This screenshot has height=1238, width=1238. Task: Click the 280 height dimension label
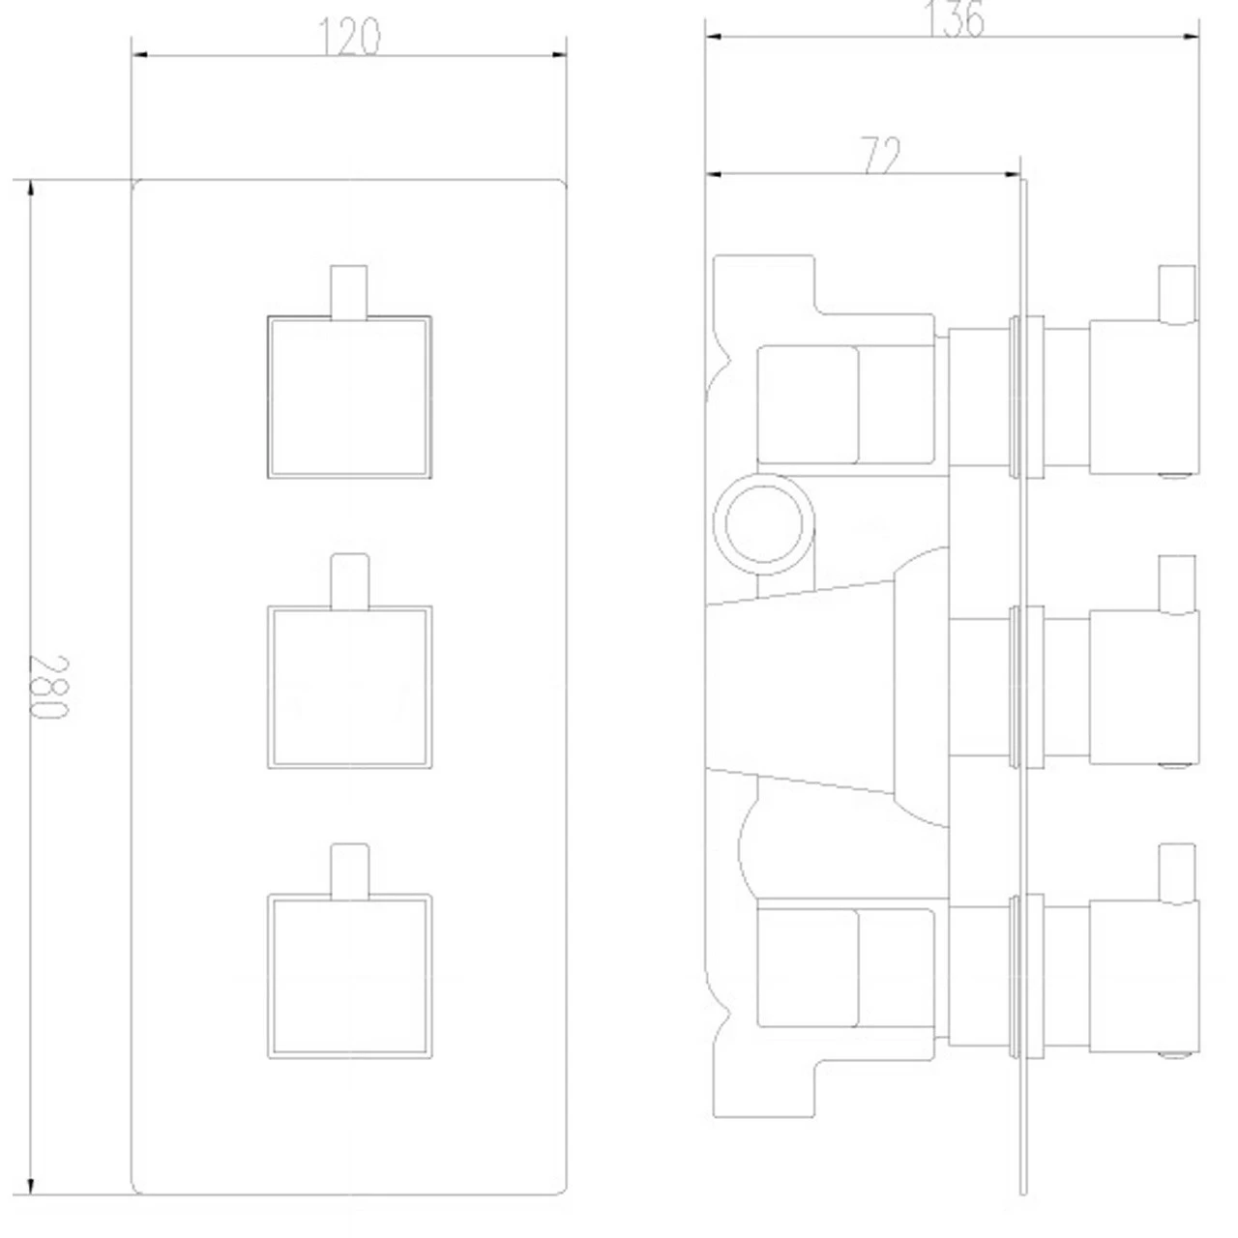[x=48, y=687]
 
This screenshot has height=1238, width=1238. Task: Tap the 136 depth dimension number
[x=954, y=19]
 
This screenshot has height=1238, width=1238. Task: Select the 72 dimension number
[x=881, y=155]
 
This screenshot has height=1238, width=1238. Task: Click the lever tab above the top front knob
[x=349, y=292]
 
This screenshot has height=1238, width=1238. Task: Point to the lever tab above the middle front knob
[x=349, y=581]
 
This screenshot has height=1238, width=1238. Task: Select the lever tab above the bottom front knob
[x=349, y=871]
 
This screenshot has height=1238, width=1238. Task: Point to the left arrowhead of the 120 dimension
[x=139, y=55]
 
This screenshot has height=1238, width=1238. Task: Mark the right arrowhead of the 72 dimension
[x=1012, y=173]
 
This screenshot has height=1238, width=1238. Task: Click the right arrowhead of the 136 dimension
[x=1191, y=37]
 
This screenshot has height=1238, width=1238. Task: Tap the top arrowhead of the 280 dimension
[x=31, y=189]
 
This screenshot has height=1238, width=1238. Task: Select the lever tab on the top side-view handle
[x=1177, y=294]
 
